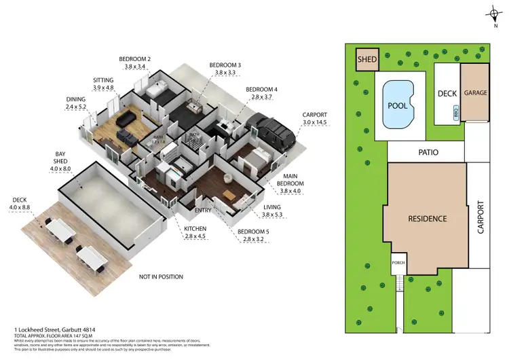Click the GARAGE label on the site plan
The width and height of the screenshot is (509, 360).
point(474,92)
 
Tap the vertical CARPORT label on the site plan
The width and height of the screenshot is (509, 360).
point(480,217)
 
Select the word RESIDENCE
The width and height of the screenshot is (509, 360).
point(427,219)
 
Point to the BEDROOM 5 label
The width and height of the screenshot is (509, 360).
point(250,232)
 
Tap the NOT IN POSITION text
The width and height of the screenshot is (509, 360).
point(164,277)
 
